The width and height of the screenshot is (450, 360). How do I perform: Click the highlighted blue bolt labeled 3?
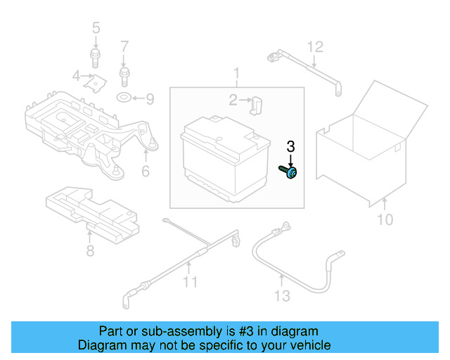point(290,171)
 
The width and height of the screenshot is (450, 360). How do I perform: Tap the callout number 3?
point(290,147)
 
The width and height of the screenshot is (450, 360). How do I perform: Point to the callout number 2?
point(233,100)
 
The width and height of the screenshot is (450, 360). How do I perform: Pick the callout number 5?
point(96,28)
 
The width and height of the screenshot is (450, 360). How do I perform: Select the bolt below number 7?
point(124,72)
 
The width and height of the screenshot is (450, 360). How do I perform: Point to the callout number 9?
point(150,98)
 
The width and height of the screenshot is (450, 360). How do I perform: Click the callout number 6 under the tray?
point(146,171)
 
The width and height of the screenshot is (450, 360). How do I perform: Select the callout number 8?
point(90,251)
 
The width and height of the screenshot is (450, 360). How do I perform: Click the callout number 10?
point(385,220)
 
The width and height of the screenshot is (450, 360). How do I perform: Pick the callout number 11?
point(189,283)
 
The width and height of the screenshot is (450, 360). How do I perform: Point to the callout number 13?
point(281,296)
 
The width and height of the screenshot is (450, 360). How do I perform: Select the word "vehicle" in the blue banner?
point(306,345)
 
